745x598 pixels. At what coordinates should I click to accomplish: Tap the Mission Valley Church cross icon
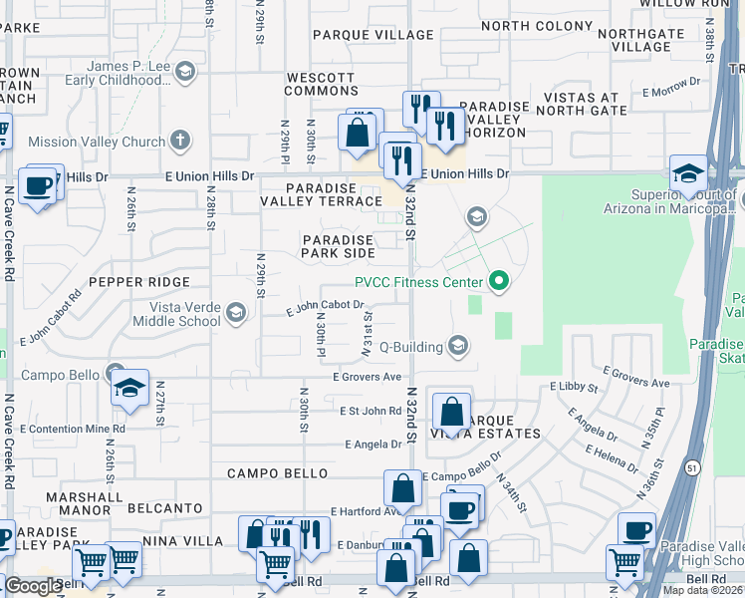180,142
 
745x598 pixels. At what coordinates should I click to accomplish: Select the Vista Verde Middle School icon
236,314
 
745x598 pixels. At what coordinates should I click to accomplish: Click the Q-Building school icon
458,347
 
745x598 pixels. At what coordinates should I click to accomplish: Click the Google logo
33,586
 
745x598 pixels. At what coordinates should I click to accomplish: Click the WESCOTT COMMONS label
321,84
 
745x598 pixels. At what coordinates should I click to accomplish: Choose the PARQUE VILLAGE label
373,35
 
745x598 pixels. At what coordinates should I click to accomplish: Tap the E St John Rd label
371,410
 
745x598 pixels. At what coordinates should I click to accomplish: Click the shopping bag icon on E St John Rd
451,412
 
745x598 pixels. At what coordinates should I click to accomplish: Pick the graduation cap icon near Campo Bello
129,389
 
